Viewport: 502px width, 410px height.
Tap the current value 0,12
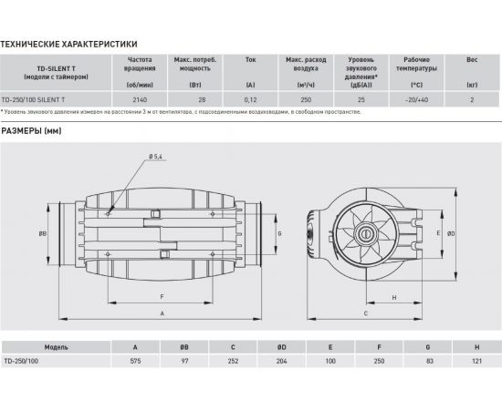coord(250,100)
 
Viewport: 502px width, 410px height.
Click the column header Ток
coord(250,60)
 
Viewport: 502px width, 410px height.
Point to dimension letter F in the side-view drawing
coord(162,297)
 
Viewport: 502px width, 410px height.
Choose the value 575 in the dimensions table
coord(136,360)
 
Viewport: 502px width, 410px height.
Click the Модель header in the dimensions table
coord(57,347)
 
